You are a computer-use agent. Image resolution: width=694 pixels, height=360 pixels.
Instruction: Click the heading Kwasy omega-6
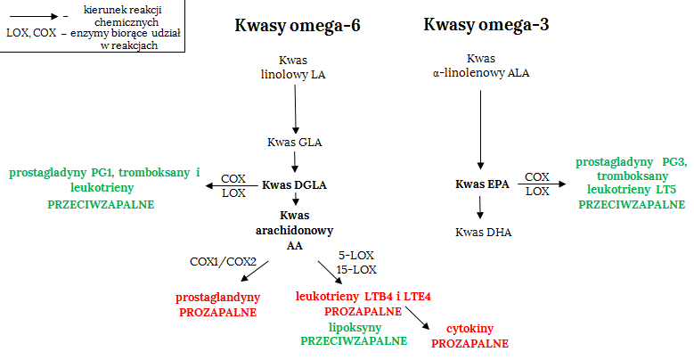(x=298, y=25)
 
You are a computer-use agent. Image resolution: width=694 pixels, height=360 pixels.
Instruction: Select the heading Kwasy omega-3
(x=486, y=25)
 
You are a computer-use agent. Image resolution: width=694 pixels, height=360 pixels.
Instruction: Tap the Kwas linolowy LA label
(x=293, y=68)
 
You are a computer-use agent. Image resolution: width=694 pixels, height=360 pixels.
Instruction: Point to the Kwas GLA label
(x=294, y=142)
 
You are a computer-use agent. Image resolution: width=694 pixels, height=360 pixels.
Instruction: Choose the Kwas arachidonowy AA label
(x=294, y=229)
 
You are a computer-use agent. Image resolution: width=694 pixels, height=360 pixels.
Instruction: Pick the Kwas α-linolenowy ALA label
(x=480, y=67)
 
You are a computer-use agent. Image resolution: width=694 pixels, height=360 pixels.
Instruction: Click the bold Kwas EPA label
(x=481, y=184)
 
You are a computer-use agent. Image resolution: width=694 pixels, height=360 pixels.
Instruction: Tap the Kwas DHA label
(x=481, y=233)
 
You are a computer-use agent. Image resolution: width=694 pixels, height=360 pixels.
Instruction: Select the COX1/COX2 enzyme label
(x=223, y=262)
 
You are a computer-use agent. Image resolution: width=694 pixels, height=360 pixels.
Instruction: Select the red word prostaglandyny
(x=218, y=297)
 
